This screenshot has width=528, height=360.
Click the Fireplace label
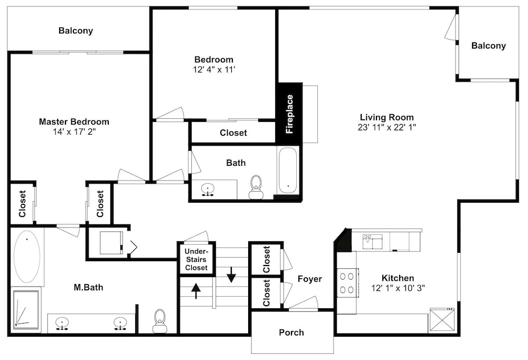(x=289, y=114)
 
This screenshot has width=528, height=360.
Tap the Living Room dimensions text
(x=387, y=127)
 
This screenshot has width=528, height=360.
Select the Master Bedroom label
(x=74, y=121)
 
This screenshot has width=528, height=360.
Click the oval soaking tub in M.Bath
(x=27, y=257)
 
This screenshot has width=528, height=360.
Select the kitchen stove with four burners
(x=347, y=283)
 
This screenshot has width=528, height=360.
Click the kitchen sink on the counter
(x=372, y=241)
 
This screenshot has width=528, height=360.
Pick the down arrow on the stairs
(x=231, y=274)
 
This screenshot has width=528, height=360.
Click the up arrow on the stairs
(x=196, y=291)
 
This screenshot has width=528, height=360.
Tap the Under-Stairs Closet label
(x=196, y=260)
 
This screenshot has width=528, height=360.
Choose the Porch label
(x=291, y=333)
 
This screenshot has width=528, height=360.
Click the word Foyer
(x=310, y=279)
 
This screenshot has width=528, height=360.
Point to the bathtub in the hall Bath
(x=288, y=170)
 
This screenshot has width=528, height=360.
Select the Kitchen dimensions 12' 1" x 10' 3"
(x=398, y=288)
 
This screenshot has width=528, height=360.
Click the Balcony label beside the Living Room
(x=488, y=46)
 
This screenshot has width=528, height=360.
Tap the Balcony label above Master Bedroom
(x=76, y=31)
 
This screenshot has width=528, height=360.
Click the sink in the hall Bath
(x=208, y=190)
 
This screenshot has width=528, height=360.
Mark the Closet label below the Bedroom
(x=233, y=132)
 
